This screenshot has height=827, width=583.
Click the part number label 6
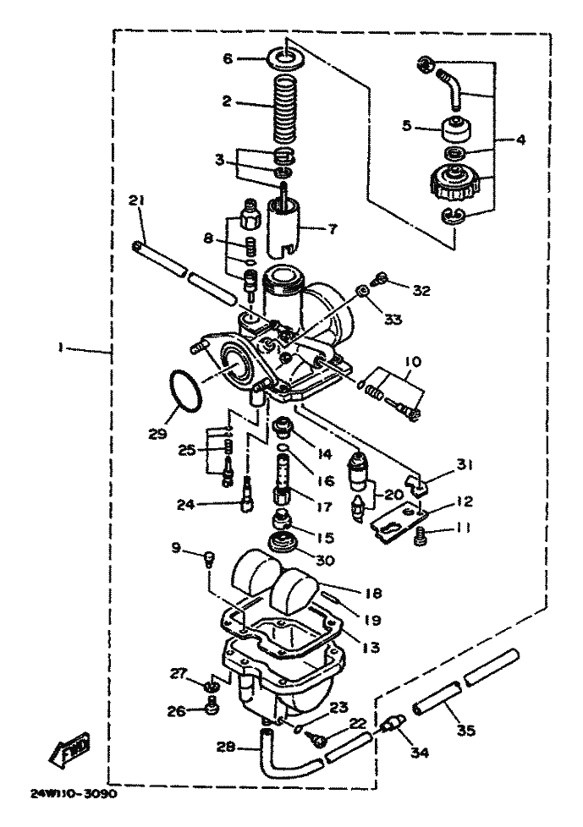point(226,59)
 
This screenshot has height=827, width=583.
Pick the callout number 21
point(136,200)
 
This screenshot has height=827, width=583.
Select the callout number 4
point(521,140)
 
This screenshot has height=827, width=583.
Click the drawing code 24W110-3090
point(74,796)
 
